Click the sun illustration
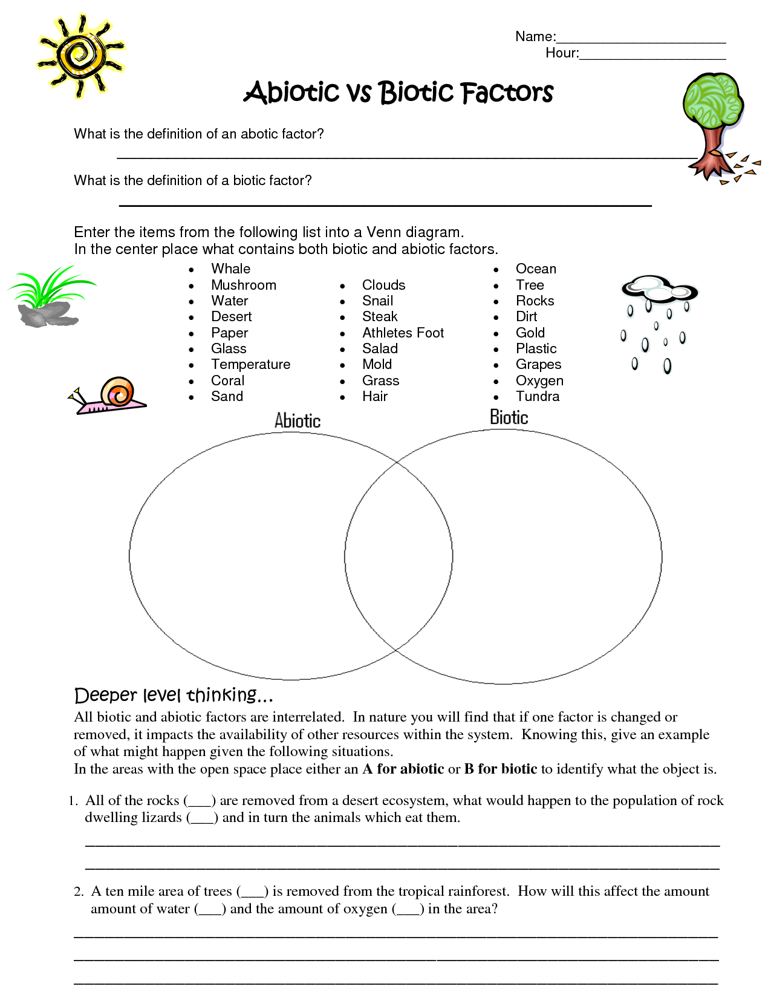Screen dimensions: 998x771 coord(80,56)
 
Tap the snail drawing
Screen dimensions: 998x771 coord(109,396)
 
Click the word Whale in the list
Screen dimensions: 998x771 coord(230,269)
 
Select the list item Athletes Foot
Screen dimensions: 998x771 coord(403,333)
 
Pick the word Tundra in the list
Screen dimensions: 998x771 coord(538,396)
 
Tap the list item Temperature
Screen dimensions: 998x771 coord(250,364)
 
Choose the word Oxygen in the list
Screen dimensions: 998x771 coord(539,380)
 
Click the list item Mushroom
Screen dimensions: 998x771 coord(244,285)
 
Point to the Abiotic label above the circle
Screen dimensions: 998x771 coord(298,420)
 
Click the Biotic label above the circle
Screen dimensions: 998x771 coord(509,417)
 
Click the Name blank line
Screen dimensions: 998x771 coord(641,41)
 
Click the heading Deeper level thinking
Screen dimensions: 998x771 coord(174,695)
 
